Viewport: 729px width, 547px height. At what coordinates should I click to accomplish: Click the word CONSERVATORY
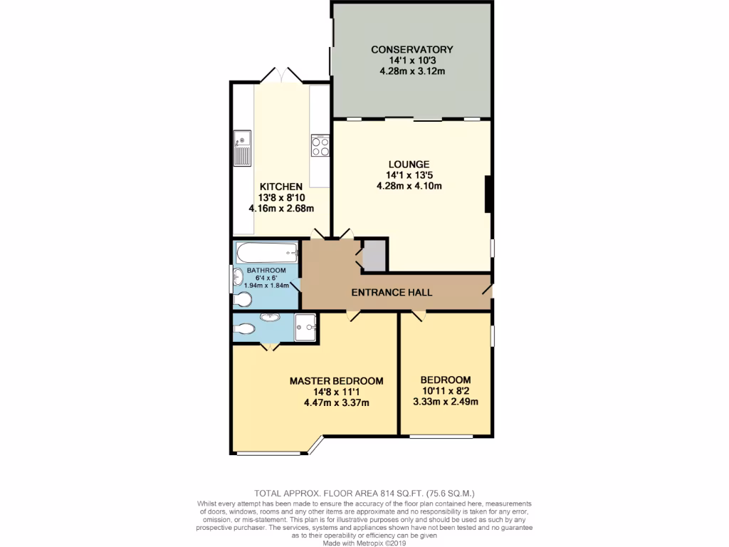coord(411,49)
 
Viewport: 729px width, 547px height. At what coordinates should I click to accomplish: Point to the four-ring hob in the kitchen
coord(320,146)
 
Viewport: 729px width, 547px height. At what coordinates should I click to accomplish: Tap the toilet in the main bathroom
coord(241,301)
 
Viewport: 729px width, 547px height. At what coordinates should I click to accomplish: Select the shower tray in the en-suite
coord(306,325)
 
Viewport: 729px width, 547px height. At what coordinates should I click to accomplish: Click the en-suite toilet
coord(243,329)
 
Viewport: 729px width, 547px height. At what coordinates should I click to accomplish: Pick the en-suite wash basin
coord(270,318)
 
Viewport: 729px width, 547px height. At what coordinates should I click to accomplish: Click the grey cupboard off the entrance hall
coord(374,255)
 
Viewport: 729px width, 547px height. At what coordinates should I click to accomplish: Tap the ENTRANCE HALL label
coord(392,293)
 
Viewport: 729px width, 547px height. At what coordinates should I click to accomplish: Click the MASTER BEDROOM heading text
coord(336,381)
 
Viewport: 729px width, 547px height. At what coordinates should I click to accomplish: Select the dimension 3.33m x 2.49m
coord(445,402)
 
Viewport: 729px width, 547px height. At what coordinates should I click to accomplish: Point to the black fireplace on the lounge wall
coord(488,194)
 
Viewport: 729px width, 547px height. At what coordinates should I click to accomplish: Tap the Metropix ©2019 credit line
coord(364,543)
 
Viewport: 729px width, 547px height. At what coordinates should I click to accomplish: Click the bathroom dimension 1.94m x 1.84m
coord(267,286)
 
